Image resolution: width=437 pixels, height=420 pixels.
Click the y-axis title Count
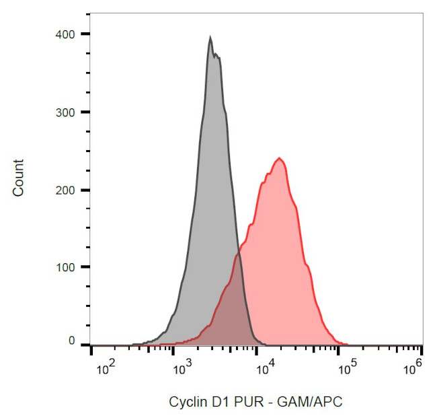(x=18, y=178)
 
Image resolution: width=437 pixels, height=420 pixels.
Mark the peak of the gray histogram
(x=210, y=38)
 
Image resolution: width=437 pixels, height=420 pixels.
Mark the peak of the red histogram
(x=280, y=159)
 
